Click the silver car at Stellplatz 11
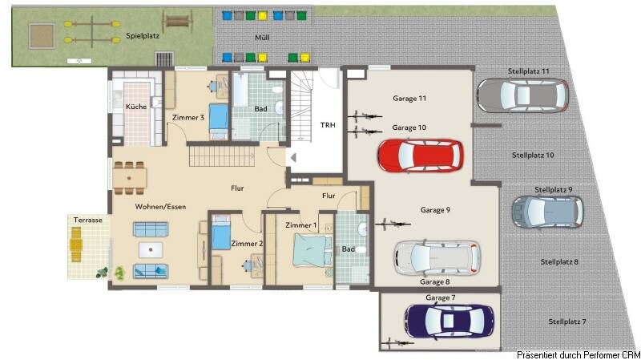(x=522, y=95)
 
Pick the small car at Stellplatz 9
(x=547, y=212)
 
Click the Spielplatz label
(x=143, y=36)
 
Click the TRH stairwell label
(x=328, y=124)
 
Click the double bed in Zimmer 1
(x=312, y=253)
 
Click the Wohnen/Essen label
(x=160, y=207)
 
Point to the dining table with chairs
(x=130, y=178)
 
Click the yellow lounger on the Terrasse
(x=77, y=245)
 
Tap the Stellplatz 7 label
(x=567, y=322)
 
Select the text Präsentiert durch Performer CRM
(x=578, y=354)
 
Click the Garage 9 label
(x=435, y=210)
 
